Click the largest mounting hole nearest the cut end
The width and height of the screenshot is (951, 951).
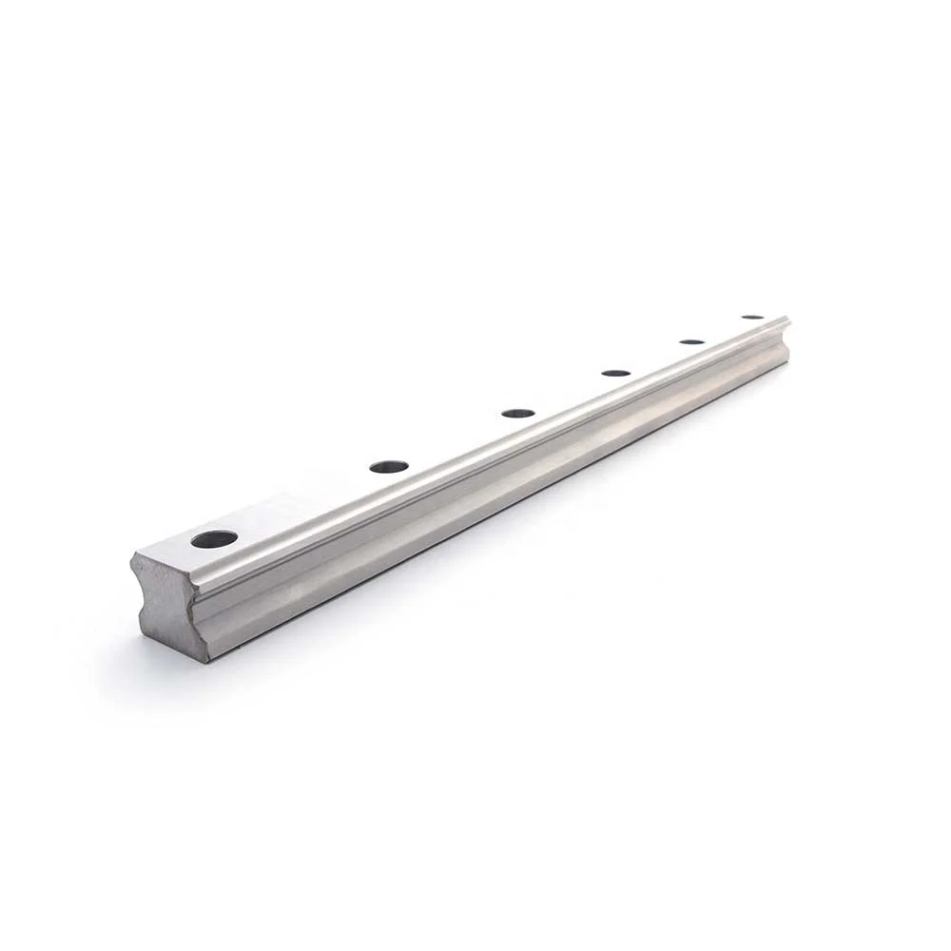[x=214, y=539]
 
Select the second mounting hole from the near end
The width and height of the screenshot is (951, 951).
[x=389, y=466]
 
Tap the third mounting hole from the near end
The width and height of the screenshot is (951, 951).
[x=518, y=413]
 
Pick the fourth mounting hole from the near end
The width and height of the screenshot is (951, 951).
[x=616, y=373]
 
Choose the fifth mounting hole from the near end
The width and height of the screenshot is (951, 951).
[x=692, y=341]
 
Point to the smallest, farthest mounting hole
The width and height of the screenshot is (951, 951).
[x=753, y=317]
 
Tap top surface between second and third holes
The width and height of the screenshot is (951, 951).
[x=455, y=439]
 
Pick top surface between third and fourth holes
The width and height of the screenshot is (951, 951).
[x=569, y=393]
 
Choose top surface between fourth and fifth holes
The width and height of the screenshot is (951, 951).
[x=655, y=357]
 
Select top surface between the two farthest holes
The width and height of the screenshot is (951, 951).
[x=724, y=329]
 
